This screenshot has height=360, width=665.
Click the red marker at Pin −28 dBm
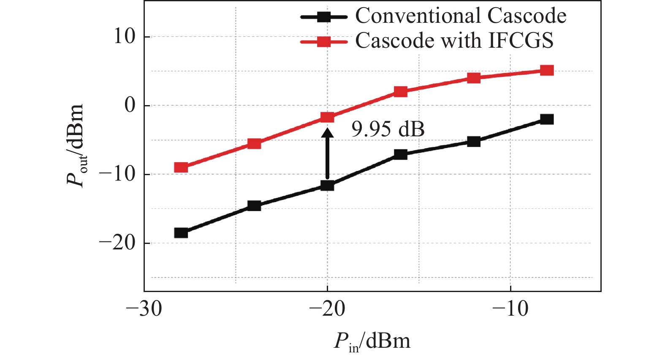click(x=181, y=168)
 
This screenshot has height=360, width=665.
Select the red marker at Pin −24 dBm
click(x=254, y=143)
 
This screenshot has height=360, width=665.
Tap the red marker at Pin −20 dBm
click(x=327, y=117)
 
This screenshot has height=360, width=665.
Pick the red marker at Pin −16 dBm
click(x=400, y=92)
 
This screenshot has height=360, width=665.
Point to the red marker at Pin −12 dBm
click(x=474, y=78)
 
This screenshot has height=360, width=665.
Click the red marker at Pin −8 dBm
click(x=547, y=70)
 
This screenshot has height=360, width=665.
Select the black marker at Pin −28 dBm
click(x=181, y=233)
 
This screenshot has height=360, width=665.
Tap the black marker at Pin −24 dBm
click(x=254, y=206)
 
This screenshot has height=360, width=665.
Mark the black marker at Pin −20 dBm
click(x=327, y=185)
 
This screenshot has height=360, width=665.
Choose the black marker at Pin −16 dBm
click(x=400, y=154)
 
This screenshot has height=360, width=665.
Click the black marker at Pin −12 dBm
click(x=474, y=141)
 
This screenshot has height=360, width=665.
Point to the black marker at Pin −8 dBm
click(x=547, y=119)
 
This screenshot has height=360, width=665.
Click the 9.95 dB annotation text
click(x=388, y=129)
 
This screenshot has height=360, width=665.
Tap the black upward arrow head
click(x=327, y=132)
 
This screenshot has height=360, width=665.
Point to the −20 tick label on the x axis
click(x=327, y=309)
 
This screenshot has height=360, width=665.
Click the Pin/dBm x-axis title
click(x=372, y=341)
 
